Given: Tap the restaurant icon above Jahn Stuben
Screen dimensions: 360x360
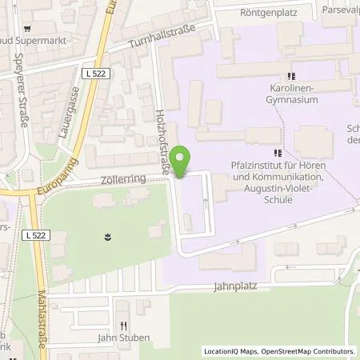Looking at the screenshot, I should [x=122, y=326].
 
